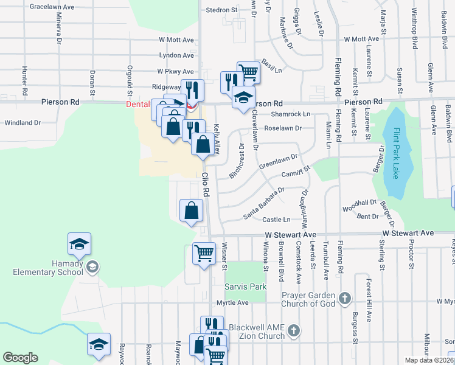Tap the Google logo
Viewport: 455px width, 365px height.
click(x=20, y=357)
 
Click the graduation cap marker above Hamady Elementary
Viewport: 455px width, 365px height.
click(x=79, y=245)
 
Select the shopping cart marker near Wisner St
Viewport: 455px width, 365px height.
click(x=204, y=253)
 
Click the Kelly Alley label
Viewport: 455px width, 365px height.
click(x=217, y=138)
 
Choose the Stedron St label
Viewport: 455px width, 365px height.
click(x=221, y=10)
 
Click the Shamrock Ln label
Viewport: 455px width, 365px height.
click(x=291, y=114)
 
